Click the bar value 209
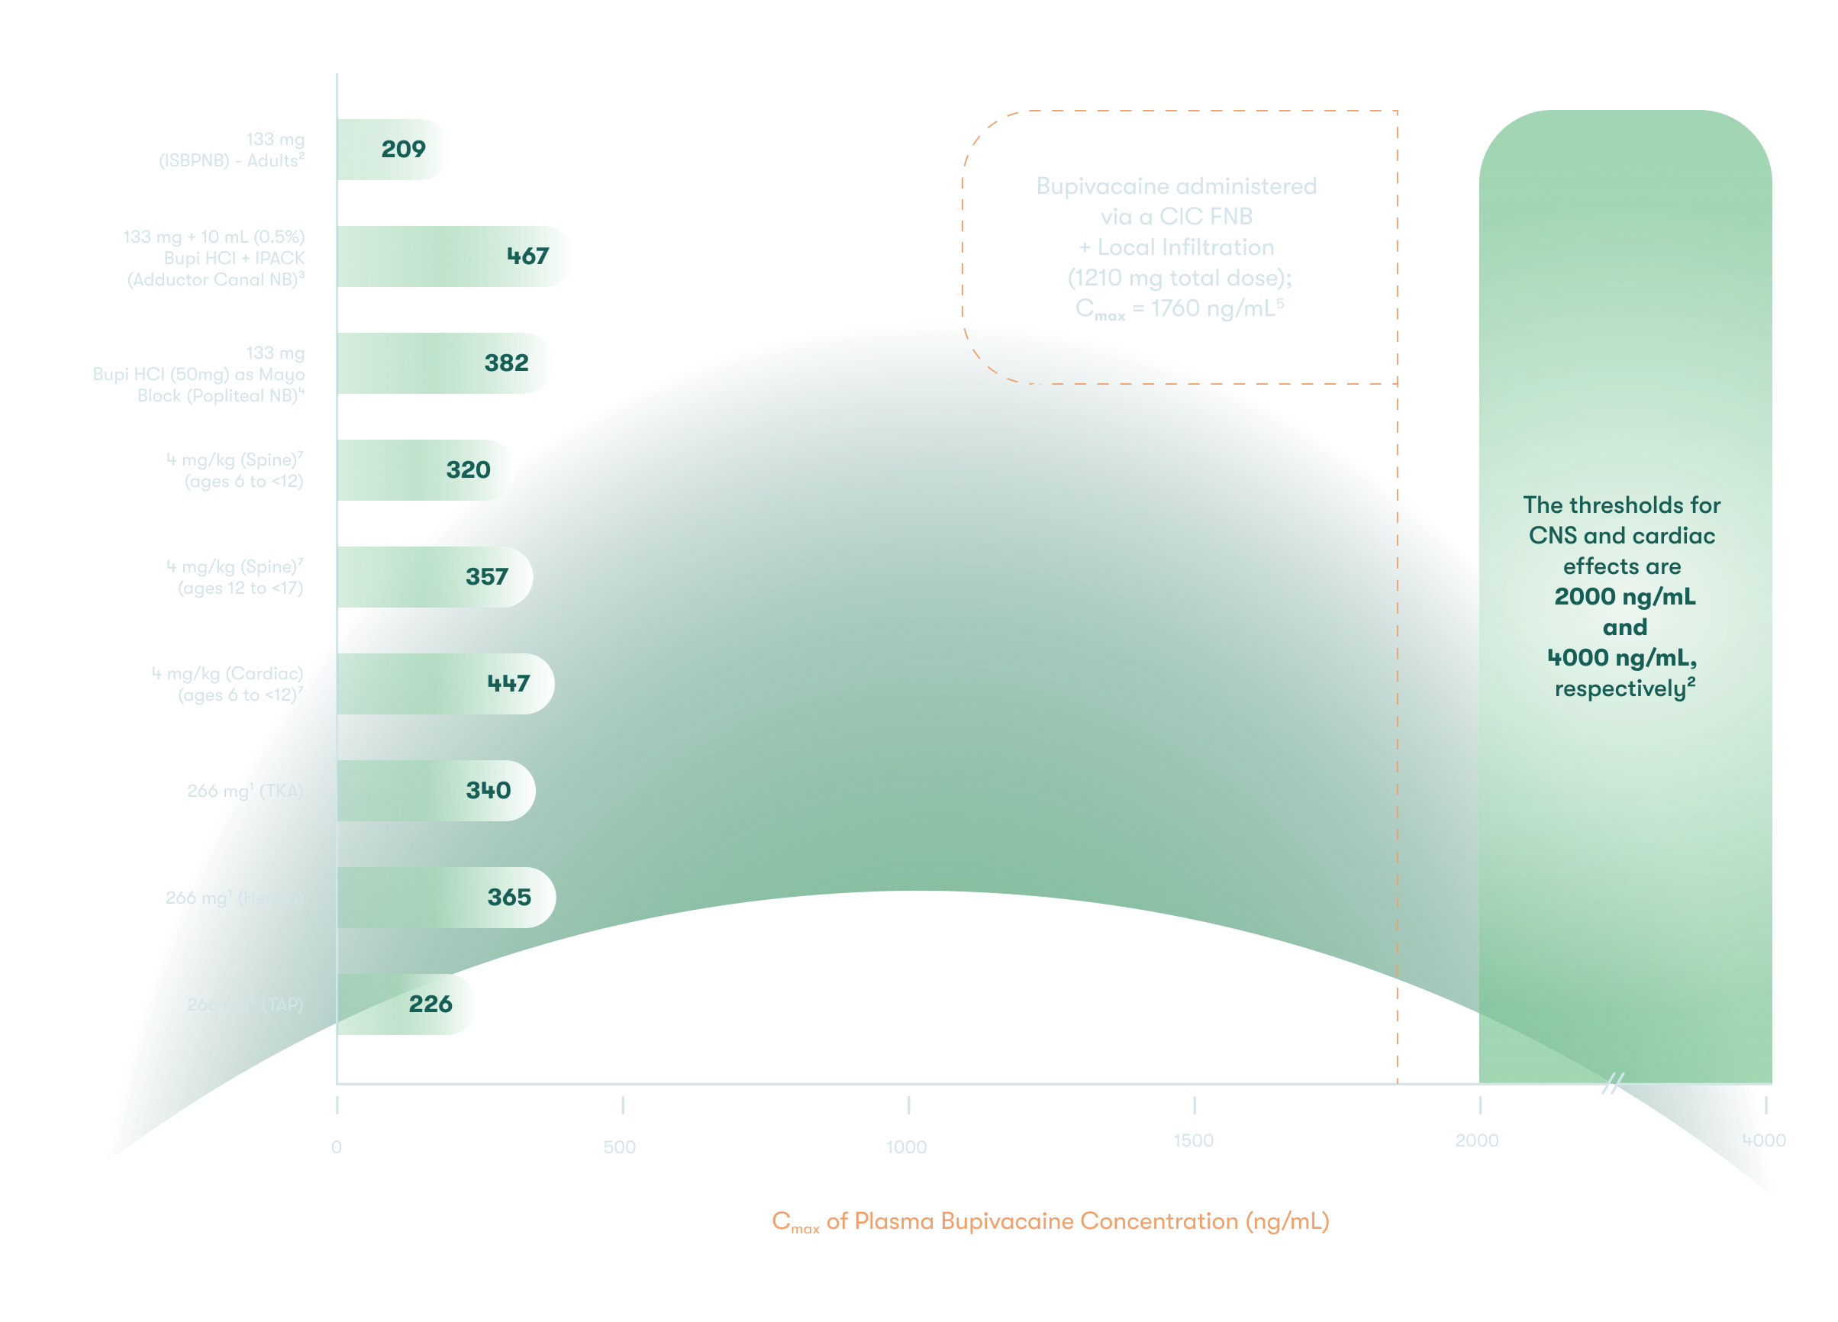pos(403,149)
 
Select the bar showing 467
pos(527,256)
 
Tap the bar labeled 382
pos(507,363)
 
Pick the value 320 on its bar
pos(468,470)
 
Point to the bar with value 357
pos(486,577)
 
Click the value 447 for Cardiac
pos(508,684)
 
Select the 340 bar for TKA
pos(488,790)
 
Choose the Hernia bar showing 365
pos(509,898)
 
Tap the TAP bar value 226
pos(430,1004)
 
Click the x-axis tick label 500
pos(620,1147)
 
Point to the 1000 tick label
pos(906,1147)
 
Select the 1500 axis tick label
pos(1193,1140)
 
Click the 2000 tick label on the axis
pos(1476,1140)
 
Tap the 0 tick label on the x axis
pos(337,1147)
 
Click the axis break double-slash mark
pos(1613,1083)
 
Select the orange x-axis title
pos(1050,1221)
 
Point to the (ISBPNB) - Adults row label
pos(232,160)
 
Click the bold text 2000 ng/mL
pos(1624,597)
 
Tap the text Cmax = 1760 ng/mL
pos(1179,309)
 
